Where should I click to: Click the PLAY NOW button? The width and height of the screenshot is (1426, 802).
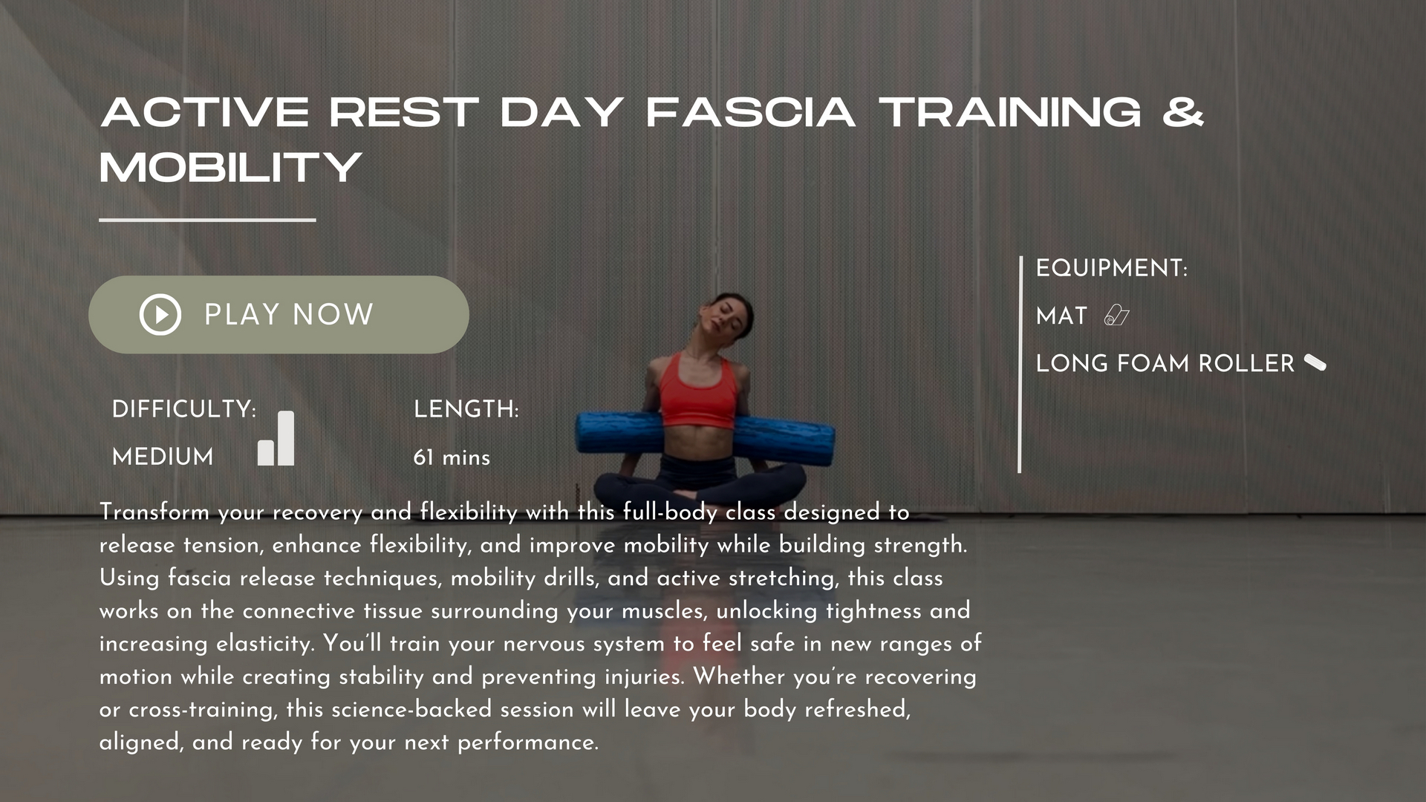(279, 315)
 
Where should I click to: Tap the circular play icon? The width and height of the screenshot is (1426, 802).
(160, 315)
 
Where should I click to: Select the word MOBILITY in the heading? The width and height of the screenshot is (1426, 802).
(231, 167)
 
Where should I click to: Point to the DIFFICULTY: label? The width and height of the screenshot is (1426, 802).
(184, 409)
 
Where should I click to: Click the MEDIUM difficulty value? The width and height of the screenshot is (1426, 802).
(163, 457)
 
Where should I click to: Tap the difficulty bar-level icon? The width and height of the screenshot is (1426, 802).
(276, 438)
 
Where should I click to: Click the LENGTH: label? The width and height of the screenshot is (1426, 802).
(466, 409)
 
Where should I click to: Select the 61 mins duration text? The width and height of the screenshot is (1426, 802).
(452, 457)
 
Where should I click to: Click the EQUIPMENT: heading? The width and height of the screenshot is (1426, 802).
(1112, 268)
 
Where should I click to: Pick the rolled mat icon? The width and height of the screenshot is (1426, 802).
(1116, 316)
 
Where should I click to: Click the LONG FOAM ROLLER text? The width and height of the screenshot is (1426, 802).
(1165, 363)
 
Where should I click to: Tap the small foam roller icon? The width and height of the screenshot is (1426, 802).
(1315, 363)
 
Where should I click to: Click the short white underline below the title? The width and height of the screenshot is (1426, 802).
(207, 220)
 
